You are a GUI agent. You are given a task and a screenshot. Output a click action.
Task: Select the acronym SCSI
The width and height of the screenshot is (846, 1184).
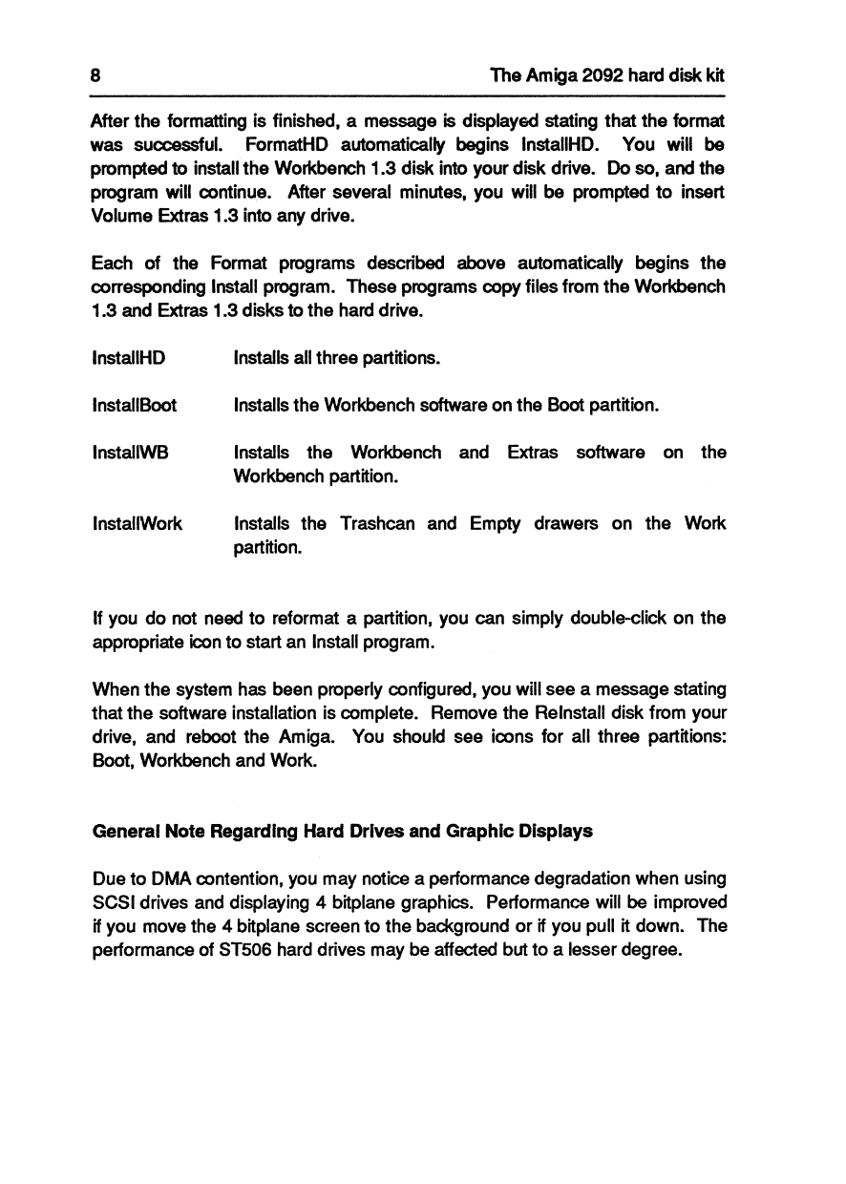[x=112, y=901]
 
